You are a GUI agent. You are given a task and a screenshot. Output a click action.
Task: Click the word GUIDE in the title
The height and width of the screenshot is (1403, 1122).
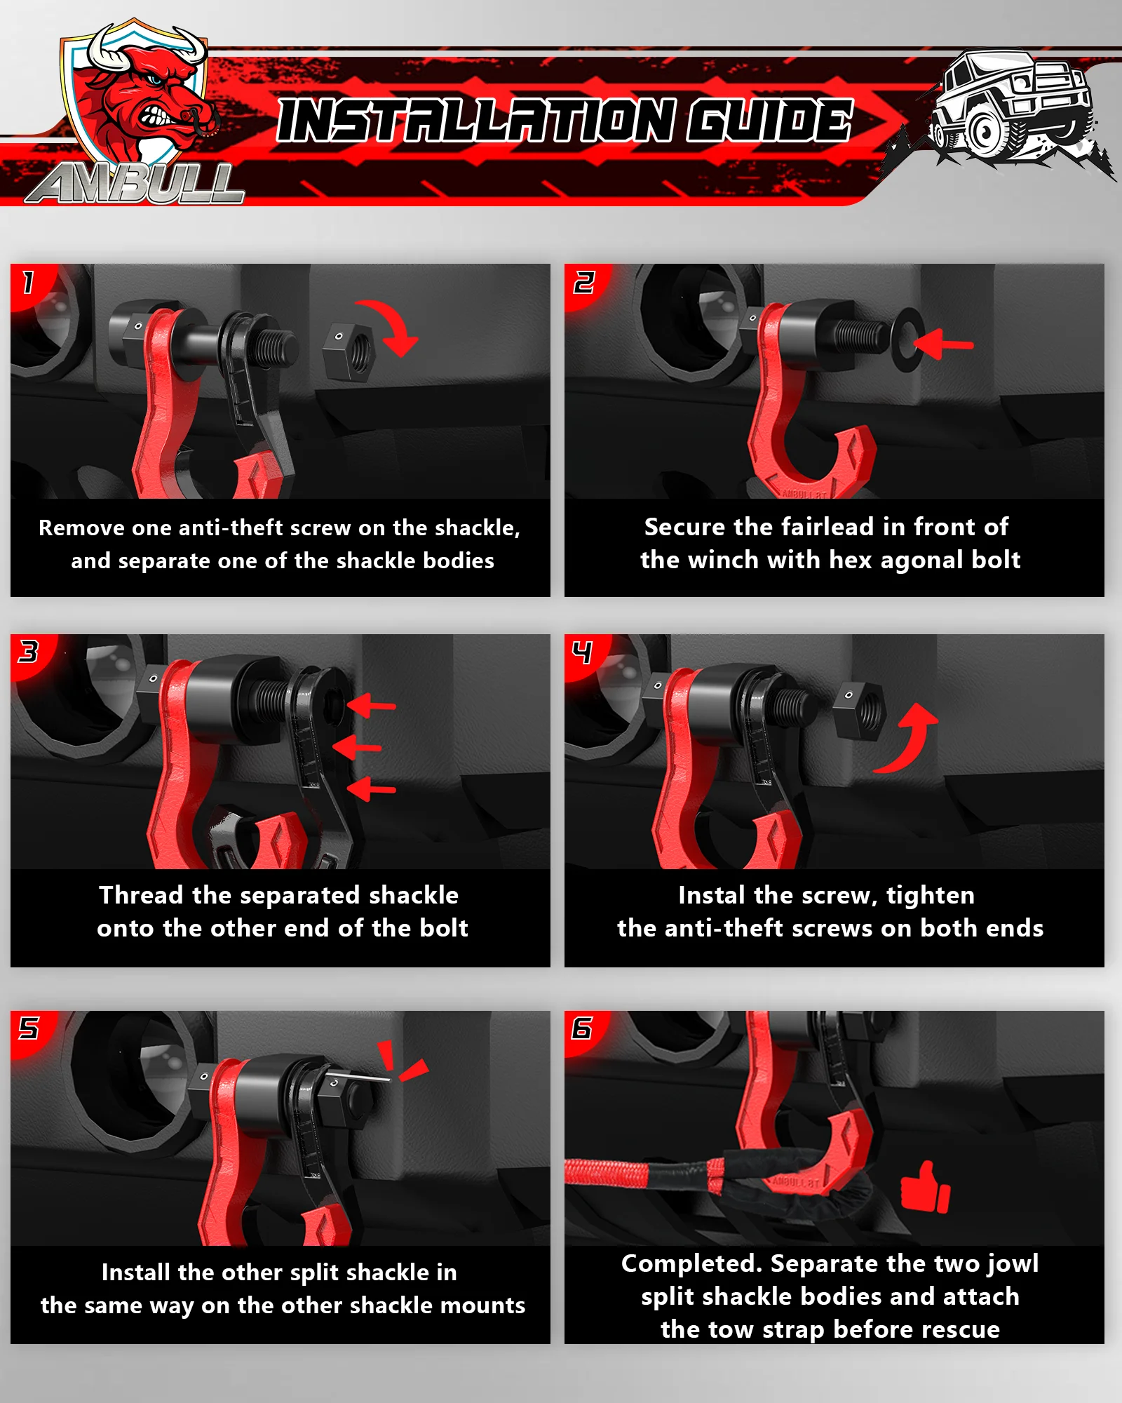click(769, 121)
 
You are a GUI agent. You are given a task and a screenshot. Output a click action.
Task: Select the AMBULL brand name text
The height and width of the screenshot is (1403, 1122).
click(135, 184)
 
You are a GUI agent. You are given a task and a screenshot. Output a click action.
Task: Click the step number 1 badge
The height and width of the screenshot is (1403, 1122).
click(28, 282)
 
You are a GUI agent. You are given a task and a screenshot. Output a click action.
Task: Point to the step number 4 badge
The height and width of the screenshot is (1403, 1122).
click(582, 652)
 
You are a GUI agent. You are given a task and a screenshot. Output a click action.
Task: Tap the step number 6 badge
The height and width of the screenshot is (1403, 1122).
click(582, 1028)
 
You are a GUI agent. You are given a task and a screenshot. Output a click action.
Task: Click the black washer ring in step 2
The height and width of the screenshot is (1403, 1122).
click(907, 340)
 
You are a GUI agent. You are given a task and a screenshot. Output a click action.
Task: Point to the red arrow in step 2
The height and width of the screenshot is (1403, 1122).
click(944, 344)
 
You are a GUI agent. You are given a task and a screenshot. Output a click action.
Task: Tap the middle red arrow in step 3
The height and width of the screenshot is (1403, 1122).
click(357, 747)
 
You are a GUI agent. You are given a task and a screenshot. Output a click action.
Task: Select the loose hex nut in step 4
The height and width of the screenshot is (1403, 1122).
click(860, 712)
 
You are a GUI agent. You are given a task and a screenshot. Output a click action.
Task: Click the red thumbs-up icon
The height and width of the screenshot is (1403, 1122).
click(925, 1187)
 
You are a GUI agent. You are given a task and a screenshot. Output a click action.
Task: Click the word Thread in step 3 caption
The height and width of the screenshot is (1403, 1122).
click(141, 895)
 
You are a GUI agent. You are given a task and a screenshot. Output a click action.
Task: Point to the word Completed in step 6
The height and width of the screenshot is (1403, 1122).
click(691, 1263)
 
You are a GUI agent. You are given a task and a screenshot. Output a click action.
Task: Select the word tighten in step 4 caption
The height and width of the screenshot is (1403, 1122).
click(931, 896)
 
